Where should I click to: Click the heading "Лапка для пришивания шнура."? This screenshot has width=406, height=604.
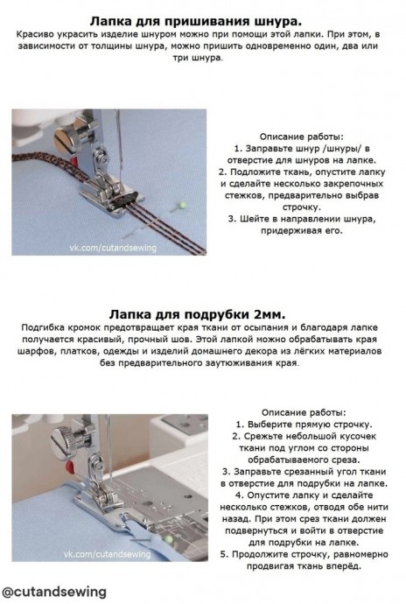pos(195,21)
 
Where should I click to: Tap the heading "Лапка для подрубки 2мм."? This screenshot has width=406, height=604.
pos(197,314)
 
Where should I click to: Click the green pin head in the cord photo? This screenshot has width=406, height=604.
pos(183,205)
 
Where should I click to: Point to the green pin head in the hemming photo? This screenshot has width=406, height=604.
pos(168,539)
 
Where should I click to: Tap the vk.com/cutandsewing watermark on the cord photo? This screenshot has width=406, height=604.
pos(113,248)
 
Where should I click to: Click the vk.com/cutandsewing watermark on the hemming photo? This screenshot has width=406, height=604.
pos(107,554)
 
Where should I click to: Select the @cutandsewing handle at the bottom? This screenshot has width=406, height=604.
pos(54,591)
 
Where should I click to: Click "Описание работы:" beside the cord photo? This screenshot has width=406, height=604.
pos(302,137)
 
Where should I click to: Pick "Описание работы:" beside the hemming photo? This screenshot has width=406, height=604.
pos(304,412)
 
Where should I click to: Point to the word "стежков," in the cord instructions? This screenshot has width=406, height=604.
pos(244,195)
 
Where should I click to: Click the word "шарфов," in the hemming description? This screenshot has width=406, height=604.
pos(37,351)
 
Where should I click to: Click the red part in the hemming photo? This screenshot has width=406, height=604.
pos(70,467)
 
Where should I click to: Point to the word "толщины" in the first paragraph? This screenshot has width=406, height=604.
pos(114,46)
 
